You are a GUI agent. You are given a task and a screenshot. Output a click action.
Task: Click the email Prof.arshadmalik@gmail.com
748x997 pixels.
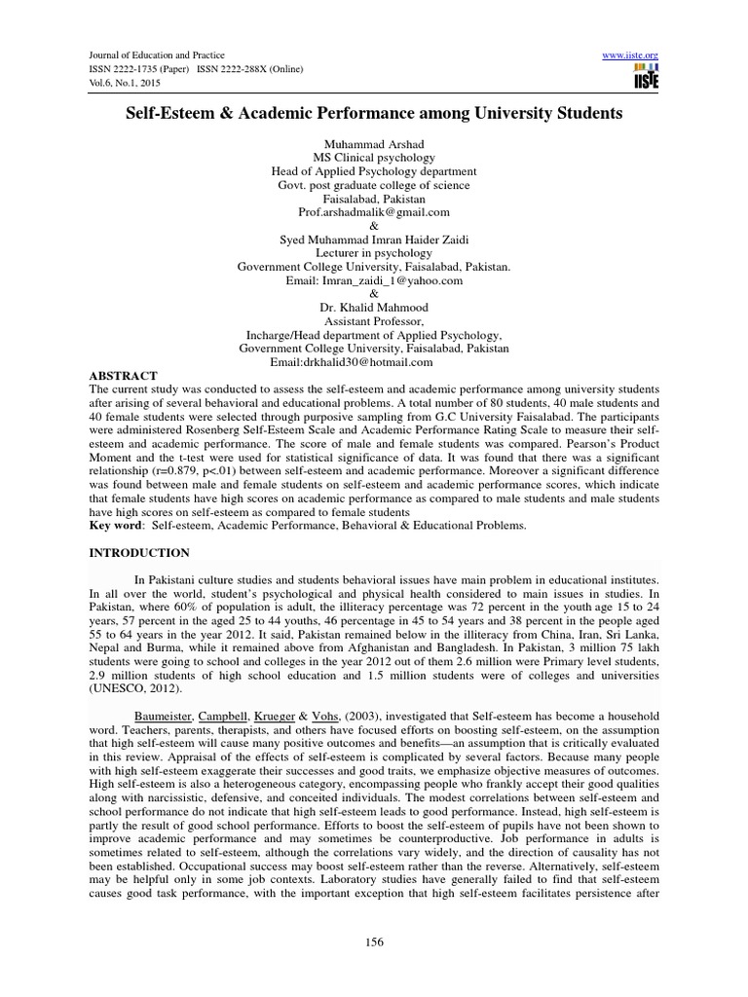coord(374,211)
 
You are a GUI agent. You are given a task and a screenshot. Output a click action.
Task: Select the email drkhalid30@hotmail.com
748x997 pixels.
coord(373,362)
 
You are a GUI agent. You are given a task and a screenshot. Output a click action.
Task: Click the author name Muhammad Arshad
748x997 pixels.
coord(374,143)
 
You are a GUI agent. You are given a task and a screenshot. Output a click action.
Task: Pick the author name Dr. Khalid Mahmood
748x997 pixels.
coord(374,307)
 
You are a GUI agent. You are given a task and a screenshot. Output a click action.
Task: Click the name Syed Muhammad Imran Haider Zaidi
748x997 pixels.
coord(374,239)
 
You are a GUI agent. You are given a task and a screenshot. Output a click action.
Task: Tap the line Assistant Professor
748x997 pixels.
coord(374,320)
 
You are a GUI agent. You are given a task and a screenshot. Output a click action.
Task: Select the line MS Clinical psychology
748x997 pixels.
coord(374,157)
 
